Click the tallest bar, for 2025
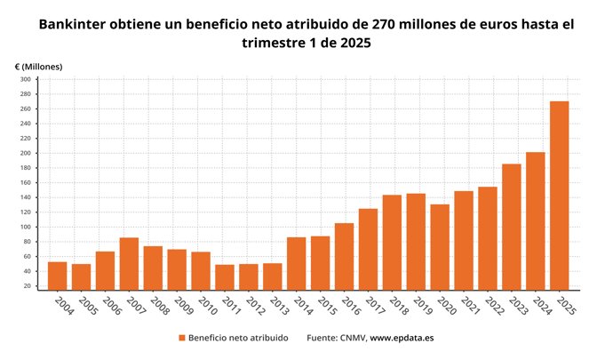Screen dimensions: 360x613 pos(559,196)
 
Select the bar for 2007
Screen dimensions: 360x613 pos(129,263)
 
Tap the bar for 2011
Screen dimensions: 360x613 pos(225,276)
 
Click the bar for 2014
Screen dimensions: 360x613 pos(297,263)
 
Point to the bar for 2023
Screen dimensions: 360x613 pos(512,227)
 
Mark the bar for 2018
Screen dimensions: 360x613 pos(392,242)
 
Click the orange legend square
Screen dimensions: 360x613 pos(182,339)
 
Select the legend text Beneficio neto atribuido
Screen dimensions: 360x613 pos(237,339)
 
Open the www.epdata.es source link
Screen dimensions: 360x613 pos(402,339)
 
